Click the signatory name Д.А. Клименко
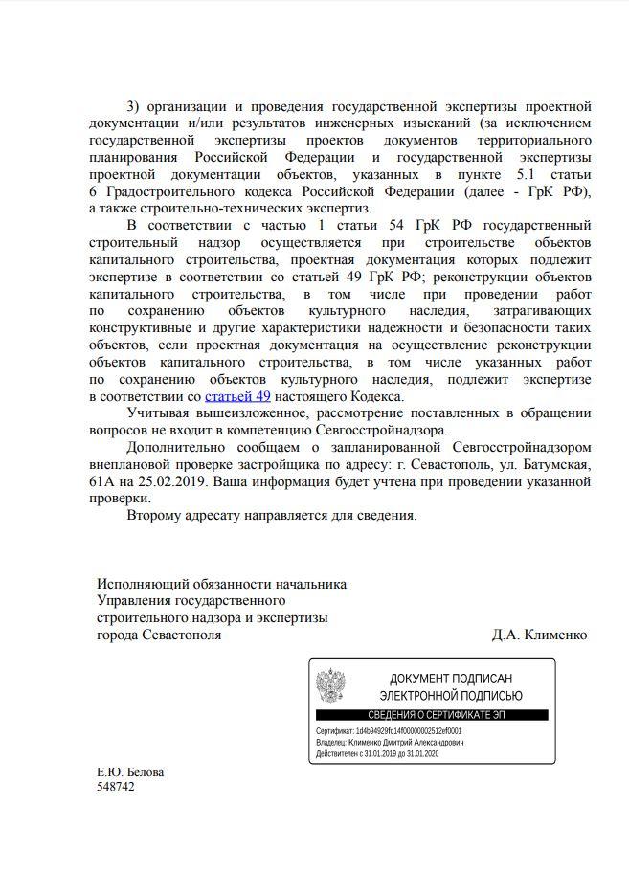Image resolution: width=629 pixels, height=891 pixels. click(x=539, y=635)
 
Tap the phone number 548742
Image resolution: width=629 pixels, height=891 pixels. click(x=116, y=787)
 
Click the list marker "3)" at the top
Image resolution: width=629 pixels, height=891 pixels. click(x=133, y=104)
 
